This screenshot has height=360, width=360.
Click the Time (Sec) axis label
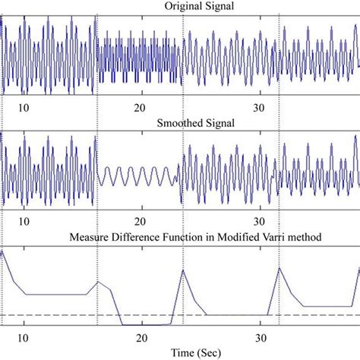[x=180, y=353]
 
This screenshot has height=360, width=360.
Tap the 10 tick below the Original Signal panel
[x=24, y=107]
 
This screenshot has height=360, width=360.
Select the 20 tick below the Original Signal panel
[x=141, y=107]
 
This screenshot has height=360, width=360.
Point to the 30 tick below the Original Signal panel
[x=259, y=107]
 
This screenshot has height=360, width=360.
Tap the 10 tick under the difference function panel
[x=24, y=338]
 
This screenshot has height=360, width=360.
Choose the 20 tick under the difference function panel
[x=141, y=338]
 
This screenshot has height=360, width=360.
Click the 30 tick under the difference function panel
[x=259, y=338]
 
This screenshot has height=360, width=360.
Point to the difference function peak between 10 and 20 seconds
[x=97, y=281]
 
